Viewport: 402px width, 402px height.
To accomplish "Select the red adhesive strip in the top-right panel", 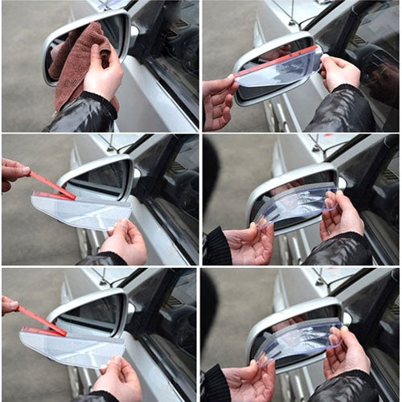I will click(277, 58).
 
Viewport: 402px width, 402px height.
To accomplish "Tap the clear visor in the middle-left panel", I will click(80, 211).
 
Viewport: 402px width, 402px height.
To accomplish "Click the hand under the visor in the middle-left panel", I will click(125, 241).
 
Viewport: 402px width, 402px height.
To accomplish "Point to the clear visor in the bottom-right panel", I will click(297, 342).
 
